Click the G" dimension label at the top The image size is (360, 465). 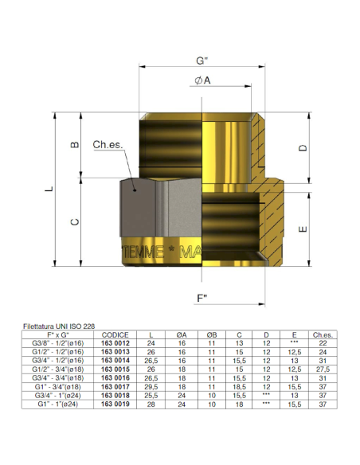pos(202,61)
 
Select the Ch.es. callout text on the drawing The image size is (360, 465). pos(107,145)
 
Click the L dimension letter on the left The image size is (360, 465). pos(49,190)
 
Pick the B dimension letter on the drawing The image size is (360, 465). pos(75,145)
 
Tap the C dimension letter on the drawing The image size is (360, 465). pos(75,223)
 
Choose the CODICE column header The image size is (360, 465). pos(115,334)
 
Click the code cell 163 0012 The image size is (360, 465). pos(115,342)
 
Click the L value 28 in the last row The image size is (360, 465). pos(154,404)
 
